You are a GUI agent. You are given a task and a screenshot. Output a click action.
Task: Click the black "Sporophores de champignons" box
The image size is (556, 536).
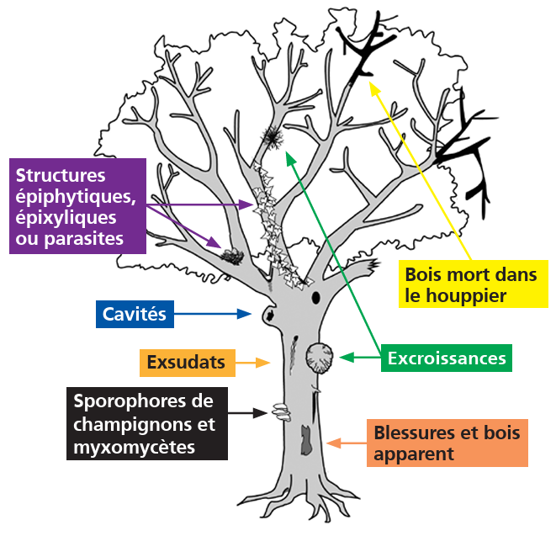click(147, 423)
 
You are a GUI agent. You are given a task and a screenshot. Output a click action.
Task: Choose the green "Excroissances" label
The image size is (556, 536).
click(447, 358)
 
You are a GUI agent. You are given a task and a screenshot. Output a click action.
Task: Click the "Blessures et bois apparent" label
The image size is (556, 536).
click(447, 443)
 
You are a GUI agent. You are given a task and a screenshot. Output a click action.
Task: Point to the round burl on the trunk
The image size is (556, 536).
click(320, 357)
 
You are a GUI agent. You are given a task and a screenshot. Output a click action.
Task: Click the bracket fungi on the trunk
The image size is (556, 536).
click(278, 412)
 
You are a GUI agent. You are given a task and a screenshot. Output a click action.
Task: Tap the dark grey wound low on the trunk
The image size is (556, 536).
click(305, 437)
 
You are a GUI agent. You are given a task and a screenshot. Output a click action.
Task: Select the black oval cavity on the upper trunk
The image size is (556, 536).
click(316, 298)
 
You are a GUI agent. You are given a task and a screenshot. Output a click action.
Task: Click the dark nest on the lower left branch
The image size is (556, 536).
click(230, 254)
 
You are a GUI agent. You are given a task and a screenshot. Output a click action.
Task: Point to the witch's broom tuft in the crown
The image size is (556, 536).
click(272, 135)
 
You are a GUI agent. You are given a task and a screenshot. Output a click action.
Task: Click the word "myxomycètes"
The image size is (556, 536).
click(135, 446)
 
